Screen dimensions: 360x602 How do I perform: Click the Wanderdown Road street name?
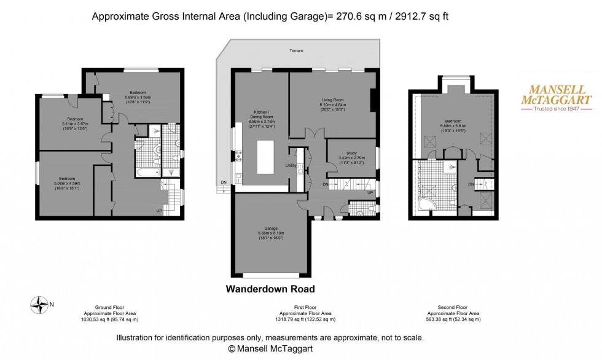270,289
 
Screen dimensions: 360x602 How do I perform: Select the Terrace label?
297,51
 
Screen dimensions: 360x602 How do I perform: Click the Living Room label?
332,100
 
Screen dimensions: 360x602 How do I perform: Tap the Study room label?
351,154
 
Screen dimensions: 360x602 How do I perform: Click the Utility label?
291,166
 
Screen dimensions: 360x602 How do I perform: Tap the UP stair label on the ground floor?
160,210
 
